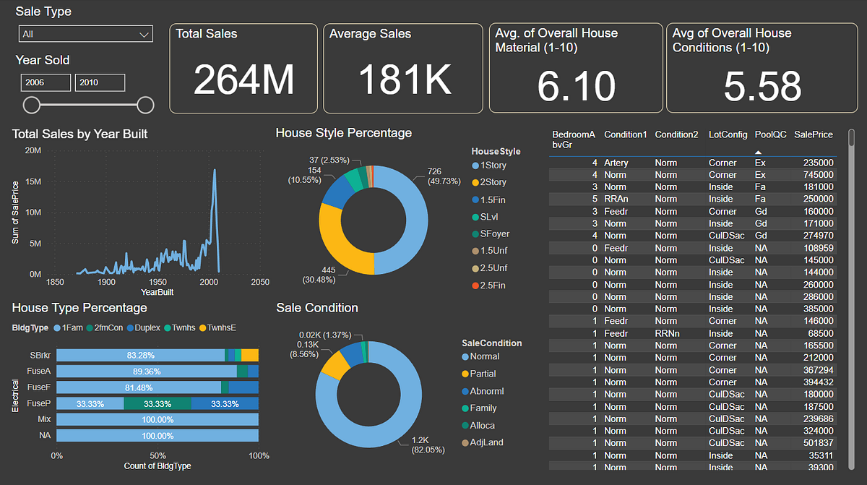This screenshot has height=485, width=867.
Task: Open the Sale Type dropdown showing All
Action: [85, 34]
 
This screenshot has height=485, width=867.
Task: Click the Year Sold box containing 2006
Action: [46, 82]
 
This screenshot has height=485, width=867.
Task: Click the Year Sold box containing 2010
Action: [100, 82]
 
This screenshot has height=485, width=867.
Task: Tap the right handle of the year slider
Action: [145, 106]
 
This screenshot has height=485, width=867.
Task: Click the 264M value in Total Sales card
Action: [243, 80]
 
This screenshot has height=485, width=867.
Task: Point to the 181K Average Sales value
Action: [404, 80]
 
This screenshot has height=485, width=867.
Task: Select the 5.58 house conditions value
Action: [762, 86]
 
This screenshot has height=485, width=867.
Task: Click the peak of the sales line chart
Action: [215, 171]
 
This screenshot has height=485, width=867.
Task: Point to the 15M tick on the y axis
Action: [33, 181]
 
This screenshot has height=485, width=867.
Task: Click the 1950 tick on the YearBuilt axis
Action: [158, 282]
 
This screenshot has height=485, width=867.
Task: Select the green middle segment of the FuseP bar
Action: [157, 403]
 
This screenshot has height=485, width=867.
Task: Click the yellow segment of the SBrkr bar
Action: [250, 355]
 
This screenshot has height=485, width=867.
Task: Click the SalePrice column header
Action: [813, 134]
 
